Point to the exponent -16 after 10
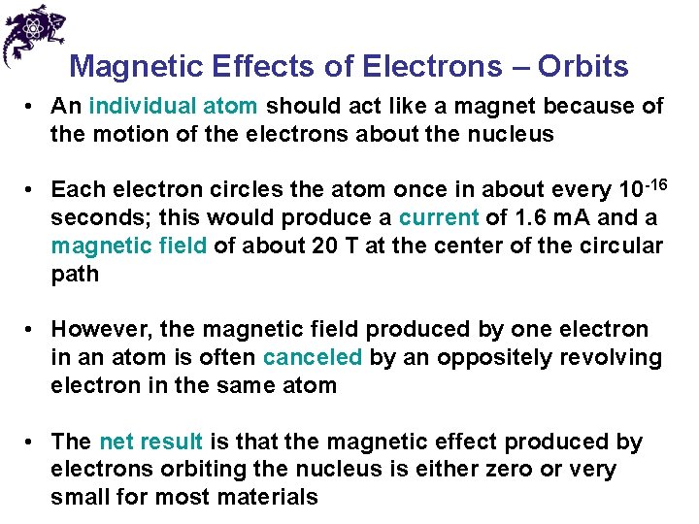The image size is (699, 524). tap(654, 182)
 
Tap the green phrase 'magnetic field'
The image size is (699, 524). tap(128, 246)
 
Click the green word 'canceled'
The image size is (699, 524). tap(313, 357)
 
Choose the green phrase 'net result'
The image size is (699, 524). tap(150, 442)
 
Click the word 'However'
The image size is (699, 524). tap(96, 330)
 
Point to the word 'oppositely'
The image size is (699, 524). tap(494, 357)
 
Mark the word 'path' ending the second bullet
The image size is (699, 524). tap(75, 274)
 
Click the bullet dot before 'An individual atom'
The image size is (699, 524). tap(32, 106)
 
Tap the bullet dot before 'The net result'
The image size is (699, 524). tap(32, 442)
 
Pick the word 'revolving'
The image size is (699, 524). tap(611, 357)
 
